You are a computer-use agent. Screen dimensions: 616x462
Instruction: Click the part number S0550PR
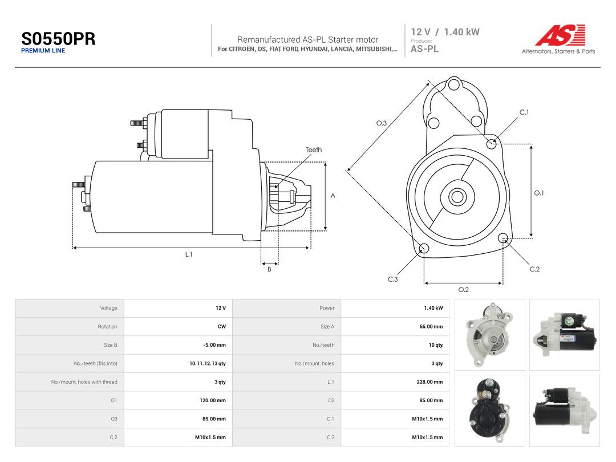pyautogui.click(x=58, y=39)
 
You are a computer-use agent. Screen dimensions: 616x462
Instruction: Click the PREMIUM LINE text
pyautogui.click(x=43, y=51)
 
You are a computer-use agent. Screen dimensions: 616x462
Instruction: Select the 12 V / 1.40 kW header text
pyautogui.click(x=445, y=32)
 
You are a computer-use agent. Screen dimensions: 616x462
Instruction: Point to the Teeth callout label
pyautogui.click(x=314, y=149)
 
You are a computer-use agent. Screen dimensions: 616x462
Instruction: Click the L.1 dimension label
pyautogui.click(x=189, y=254)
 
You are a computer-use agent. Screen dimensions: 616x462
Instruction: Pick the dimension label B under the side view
pyautogui.click(x=269, y=269)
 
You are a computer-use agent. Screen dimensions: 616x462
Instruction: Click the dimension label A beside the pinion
pyautogui.click(x=333, y=196)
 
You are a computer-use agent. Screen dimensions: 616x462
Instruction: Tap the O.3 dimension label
pyautogui.click(x=382, y=123)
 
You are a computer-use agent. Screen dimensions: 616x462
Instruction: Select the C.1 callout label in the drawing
pyautogui.click(x=524, y=112)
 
